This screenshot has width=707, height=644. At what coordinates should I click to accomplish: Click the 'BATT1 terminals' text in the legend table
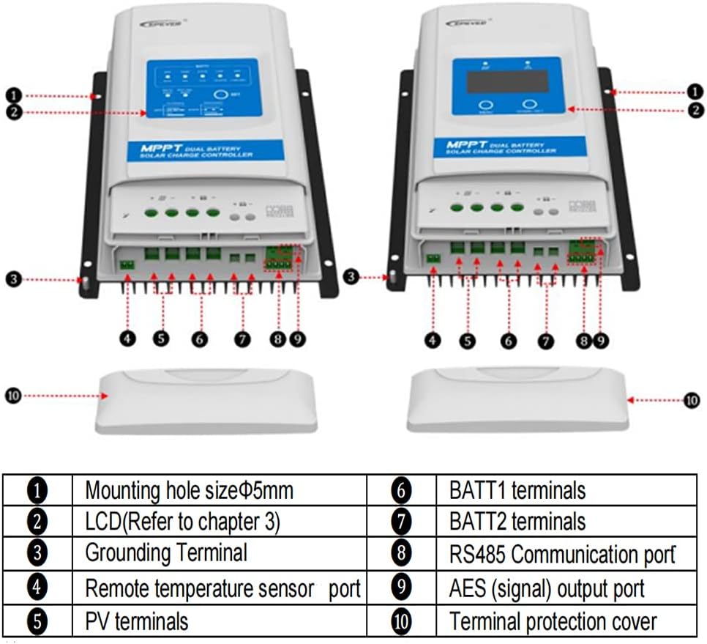pos(517,489)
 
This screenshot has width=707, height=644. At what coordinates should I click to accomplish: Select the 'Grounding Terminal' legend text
pos(166,552)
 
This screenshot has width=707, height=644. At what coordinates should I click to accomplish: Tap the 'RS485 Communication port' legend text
pos(561,555)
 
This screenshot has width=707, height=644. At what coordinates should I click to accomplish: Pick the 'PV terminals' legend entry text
pos(137,621)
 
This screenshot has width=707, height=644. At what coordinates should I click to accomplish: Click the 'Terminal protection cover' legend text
pos(553,622)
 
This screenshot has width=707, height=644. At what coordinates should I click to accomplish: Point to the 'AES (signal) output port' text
pos(547,588)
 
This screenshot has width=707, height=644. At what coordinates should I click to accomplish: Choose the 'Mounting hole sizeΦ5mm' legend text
pos(189,489)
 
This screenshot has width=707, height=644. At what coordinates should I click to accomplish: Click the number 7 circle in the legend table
pos(402,522)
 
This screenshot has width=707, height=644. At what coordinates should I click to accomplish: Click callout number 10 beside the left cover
pos(14,396)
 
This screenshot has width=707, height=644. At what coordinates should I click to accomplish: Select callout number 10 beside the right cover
pos(692,400)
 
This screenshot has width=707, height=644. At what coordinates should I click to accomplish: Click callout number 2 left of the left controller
pos(12,112)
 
